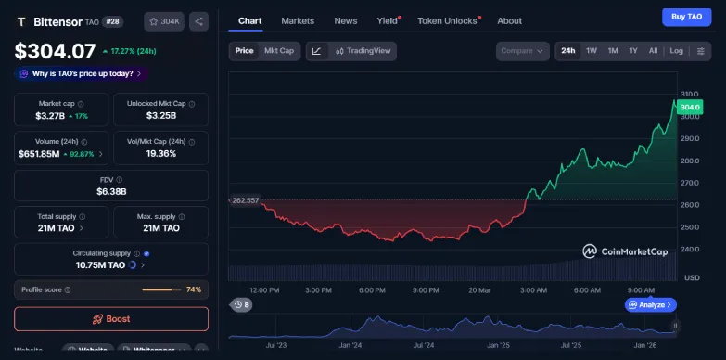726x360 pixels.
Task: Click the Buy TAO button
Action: click(x=686, y=17)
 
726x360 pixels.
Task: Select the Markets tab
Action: click(x=298, y=20)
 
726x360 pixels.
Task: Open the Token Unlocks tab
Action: click(x=447, y=20)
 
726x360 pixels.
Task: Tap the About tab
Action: click(x=509, y=20)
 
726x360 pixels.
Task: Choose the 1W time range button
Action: click(x=592, y=51)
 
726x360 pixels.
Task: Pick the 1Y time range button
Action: click(x=633, y=51)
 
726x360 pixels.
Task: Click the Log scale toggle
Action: click(x=677, y=51)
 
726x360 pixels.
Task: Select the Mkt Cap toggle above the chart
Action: click(x=279, y=51)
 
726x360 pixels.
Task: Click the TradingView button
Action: click(x=363, y=51)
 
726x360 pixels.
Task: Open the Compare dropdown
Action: click(x=521, y=51)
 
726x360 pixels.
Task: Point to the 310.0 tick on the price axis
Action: click(x=689, y=94)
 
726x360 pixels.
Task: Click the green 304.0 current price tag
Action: click(x=690, y=108)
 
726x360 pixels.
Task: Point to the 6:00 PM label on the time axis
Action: click(x=372, y=289)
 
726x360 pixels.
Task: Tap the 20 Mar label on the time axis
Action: click(x=479, y=289)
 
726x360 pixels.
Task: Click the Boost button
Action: click(x=111, y=319)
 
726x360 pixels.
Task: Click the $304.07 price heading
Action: click(x=56, y=51)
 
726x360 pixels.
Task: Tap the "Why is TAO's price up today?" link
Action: click(x=82, y=73)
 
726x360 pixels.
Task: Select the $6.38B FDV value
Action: click(x=111, y=191)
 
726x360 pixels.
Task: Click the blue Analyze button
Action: click(x=651, y=304)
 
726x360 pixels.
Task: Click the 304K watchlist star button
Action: click(x=163, y=20)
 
